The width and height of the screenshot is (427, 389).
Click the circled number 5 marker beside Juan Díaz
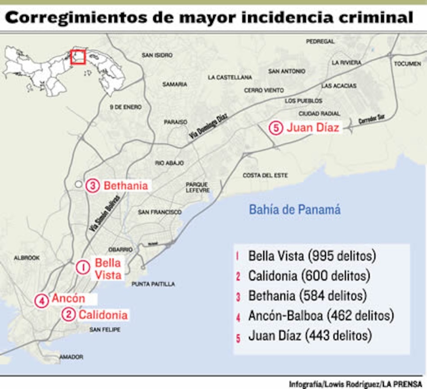tap(276, 128)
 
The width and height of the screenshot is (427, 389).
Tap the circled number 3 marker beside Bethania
tap(93, 186)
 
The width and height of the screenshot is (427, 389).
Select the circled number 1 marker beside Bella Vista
tap(83, 267)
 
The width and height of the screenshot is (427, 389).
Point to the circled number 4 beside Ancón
tap(41, 301)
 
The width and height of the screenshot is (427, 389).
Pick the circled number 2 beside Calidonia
tap(68, 314)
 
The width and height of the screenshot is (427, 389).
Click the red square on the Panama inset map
tap(78, 57)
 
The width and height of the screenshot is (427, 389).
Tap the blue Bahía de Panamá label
tap(294, 209)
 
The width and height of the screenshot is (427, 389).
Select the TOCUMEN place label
tap(407, 64)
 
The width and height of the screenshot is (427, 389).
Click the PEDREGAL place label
tap(320, 41)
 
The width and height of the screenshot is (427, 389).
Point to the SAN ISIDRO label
tap(157, 55)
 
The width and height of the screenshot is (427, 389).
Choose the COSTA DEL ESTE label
tap(265, 175)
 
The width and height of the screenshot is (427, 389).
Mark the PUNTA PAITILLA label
tap(153, 284)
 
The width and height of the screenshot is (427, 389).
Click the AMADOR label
tap(71, 357)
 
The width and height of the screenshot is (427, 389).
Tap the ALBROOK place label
tap(27, 258)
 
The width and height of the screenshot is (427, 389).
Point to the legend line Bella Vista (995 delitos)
tap(311, 256)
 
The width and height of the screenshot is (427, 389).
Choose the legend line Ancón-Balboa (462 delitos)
tap(320, 315)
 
